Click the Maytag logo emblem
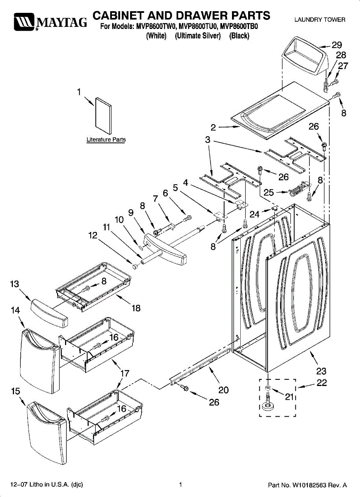pyautogui.click(x=24, y=22)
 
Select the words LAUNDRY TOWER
pyautogui.click(x=320, y=20)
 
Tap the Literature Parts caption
pyautogui.click(x=106, y=140)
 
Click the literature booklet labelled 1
pyautogui.click(x=104, y=116)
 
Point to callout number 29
pyautogui.click(x=337, y=45)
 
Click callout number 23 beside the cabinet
pyautogui.click(x=321, y=371)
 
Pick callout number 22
pyautogui.click(x=321, y=383)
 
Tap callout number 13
pyautogui.click(x=14, y=284)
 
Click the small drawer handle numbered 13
pyautogui.click(x=49, y=313)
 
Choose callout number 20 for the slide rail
pyautogui.click(x=223, y=390)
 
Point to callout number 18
pyautogui.click(x=136, y=308)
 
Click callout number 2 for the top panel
pyautogui.click(x=213, y=128)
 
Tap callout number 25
pyautogui.click(x=268, y=192)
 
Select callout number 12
pyautogui.click(x=93, y=235)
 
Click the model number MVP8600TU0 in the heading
pyautogui.click(x=197, y=27)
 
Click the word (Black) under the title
pyautogui.click(x=239, y=36)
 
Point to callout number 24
pyautogui.click(x=254, y=214)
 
